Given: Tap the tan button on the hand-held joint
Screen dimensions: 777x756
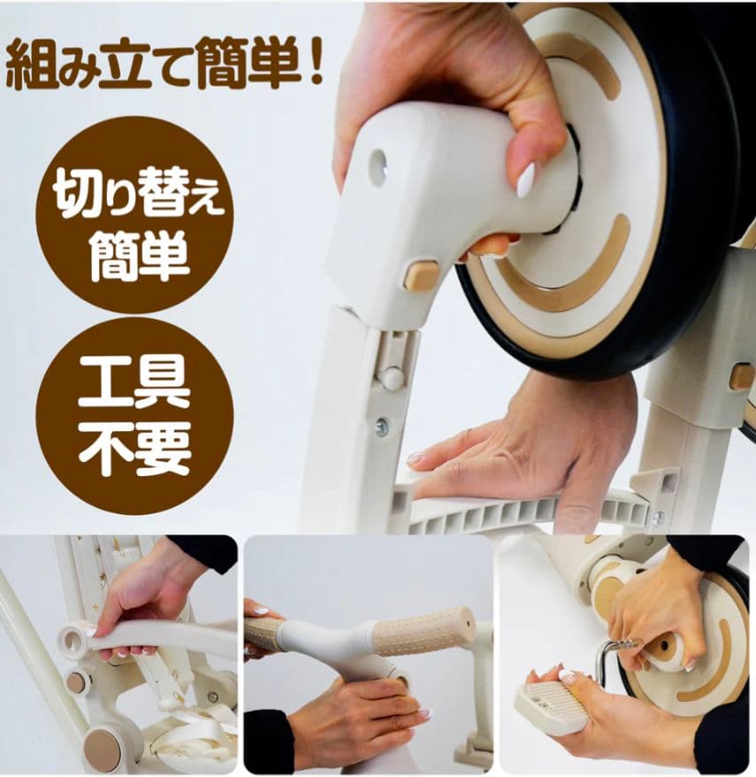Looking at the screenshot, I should [x=421, y=276].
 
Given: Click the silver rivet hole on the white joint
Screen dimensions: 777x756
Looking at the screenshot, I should [x=378, y=167].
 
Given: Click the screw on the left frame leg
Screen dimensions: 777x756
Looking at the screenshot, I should [x=382, y=427].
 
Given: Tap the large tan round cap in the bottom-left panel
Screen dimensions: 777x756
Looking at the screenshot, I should [x=103, y=749].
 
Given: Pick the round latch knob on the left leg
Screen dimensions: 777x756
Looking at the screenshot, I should [x=390, y=378].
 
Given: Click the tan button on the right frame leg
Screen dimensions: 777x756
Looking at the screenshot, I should [x=741, y=377].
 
